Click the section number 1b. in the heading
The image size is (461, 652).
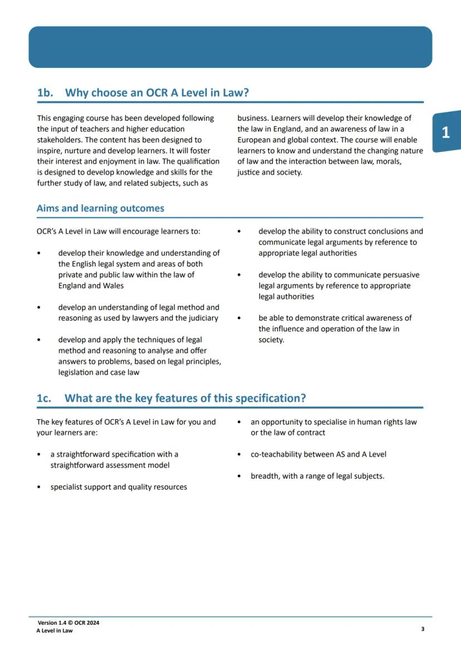[x=45, y=93]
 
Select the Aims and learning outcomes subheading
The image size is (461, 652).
[x=100, y=209]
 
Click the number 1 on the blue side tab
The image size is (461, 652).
[x=445, y=133]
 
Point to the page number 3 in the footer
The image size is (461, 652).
[x=423, y=629]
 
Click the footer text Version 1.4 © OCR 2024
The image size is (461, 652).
[x=68, y=622]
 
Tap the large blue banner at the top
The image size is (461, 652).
[x=230, y=47]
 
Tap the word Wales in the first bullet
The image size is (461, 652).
[x=113, y=286]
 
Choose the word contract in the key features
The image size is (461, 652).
[x=311, y=433]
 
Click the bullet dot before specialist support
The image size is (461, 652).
[x=38, y=487]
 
